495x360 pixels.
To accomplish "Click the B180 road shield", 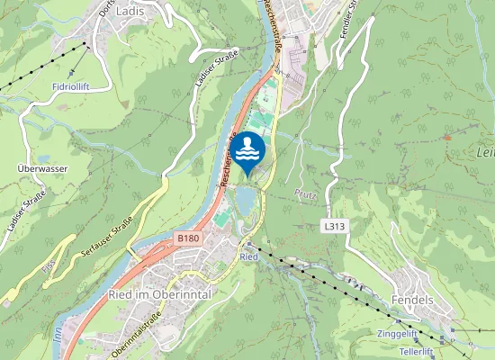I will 187,238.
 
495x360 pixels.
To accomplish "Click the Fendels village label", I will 414,298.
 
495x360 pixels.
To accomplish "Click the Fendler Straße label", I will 352,16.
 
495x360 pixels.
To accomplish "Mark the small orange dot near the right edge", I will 447,137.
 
